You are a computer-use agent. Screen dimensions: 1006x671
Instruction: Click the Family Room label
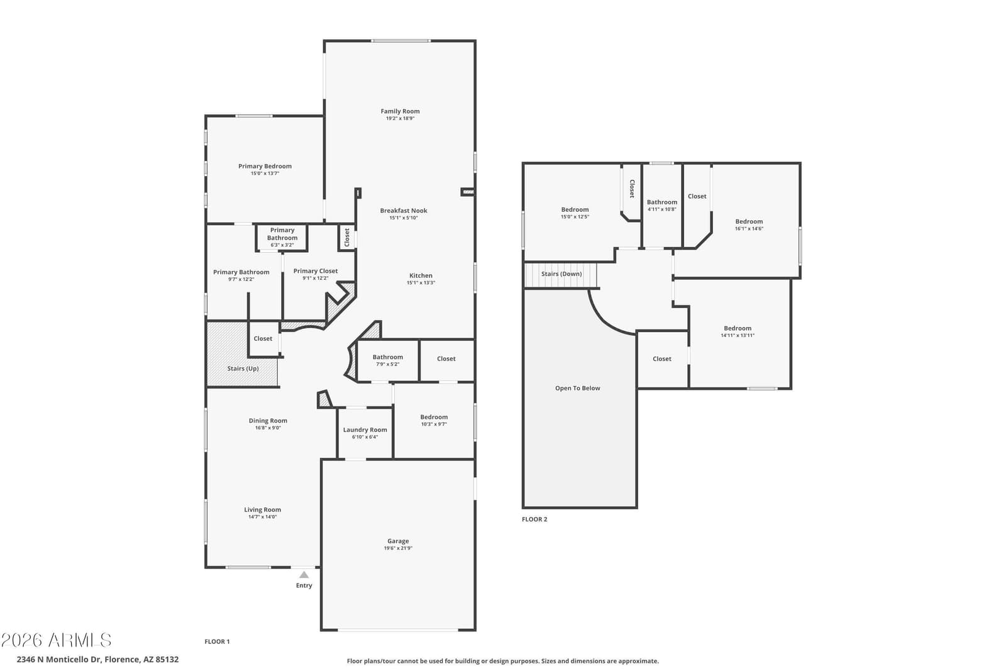400,111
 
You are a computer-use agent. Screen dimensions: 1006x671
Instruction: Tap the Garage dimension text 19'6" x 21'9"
398,548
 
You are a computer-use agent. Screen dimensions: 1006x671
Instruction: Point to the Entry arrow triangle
304,574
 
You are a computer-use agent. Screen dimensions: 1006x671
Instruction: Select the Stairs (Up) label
243,369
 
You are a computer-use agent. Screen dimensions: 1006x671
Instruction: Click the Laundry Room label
365,430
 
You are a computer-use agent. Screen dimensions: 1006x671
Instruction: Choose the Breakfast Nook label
404,211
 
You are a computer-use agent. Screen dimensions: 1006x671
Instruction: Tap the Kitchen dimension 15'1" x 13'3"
421,283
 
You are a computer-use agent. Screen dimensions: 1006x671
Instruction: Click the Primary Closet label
316,271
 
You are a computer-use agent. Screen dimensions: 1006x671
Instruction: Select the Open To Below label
578,389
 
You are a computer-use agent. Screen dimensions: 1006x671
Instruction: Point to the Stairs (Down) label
561,274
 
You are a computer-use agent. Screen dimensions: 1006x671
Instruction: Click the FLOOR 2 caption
534,519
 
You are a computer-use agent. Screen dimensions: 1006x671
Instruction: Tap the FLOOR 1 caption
217,642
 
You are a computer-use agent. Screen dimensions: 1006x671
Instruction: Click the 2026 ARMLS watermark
56,640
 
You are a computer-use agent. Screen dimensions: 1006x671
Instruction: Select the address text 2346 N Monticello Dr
60,659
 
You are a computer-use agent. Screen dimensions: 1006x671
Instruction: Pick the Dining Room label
268,421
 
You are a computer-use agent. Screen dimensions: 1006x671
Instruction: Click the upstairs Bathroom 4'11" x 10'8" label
662,202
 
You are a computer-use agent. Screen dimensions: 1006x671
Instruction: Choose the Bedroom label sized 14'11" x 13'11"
738,328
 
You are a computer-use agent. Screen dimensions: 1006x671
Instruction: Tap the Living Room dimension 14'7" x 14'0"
263,517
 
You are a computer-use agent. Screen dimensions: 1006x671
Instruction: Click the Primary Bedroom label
265,166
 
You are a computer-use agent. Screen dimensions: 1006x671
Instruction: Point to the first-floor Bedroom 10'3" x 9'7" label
434,417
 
